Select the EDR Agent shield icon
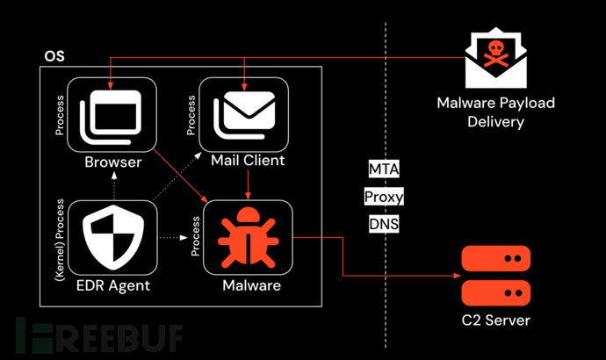click(x=112, y=236)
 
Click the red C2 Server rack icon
click(x=496, y=274)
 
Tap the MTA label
click(x=383, y=168)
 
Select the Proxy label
click(x=383, y=196)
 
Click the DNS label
click(x=383, y=224)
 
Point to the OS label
click(x=54, y=57)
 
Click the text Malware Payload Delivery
click(x=495, y=112)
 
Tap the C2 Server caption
click(x=496, y=320)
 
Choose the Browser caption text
click(x=112, y=162)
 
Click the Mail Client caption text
click(x=248, y=161)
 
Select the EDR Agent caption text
click(x=112, y=284)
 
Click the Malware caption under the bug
click(x=251, y=284)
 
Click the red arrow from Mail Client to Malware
click(x=249, y=183)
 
